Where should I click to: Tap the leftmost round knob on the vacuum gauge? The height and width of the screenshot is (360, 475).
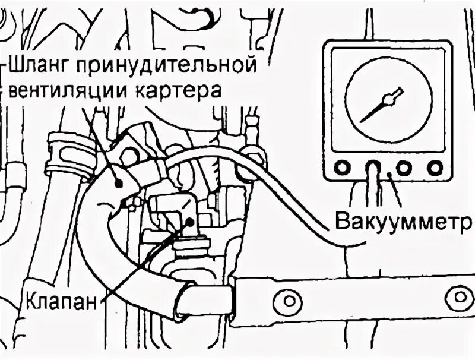pos(342,168)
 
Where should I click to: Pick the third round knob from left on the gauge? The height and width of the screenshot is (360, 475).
pos(404,168)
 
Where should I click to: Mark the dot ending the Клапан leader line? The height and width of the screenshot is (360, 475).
pos(189,221)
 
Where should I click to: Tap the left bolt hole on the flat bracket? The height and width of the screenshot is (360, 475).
pos(290,297)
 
